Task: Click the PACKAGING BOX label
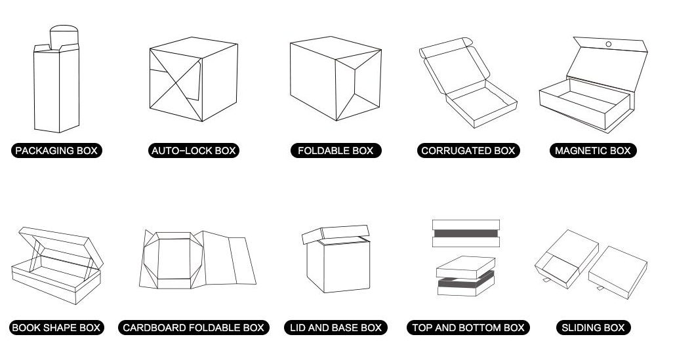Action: point(56,151)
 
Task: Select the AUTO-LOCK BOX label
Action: point(194,151)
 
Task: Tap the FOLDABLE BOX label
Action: point(335,151)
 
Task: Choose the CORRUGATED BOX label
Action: point(468,151)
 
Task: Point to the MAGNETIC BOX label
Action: point(592,151)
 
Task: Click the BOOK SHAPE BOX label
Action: point(56,327)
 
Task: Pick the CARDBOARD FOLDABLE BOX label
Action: point(194,327)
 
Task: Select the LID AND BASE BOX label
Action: point(335,327)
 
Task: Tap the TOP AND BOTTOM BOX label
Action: point(468,327)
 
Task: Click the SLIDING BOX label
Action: point(593,327)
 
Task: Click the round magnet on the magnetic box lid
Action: point(608,45)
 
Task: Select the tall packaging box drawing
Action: point(56,85)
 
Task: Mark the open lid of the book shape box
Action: point(59,246)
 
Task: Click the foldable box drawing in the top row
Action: point(335,79)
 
